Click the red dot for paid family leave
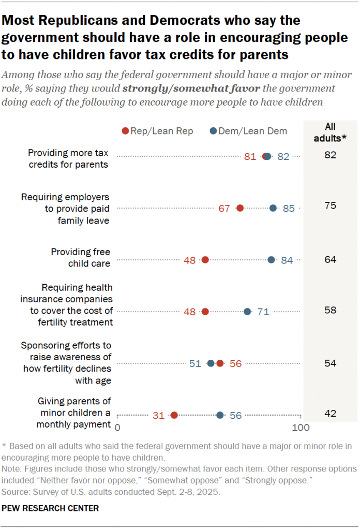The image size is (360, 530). tap(239, 208)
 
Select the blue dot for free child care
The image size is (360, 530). tap(272, 260)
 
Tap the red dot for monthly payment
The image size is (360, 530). tap(174, 415)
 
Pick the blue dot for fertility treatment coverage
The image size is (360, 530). tap(247, 312)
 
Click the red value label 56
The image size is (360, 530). tap(235, 363)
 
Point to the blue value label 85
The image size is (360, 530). tap(289, 209)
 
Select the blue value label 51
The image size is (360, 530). tap(194, 363)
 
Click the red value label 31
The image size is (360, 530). tap(158, 415)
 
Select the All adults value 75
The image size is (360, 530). tap(330, 205)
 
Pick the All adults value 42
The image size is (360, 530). tap(330, 413)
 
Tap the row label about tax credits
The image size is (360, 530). tap(68, 158)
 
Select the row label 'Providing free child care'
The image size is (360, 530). tap(80, 257)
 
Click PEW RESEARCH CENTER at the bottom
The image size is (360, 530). tap(50, 508)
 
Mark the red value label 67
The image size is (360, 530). tap(224, 209)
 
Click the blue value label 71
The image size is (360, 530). tap(264, 312)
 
